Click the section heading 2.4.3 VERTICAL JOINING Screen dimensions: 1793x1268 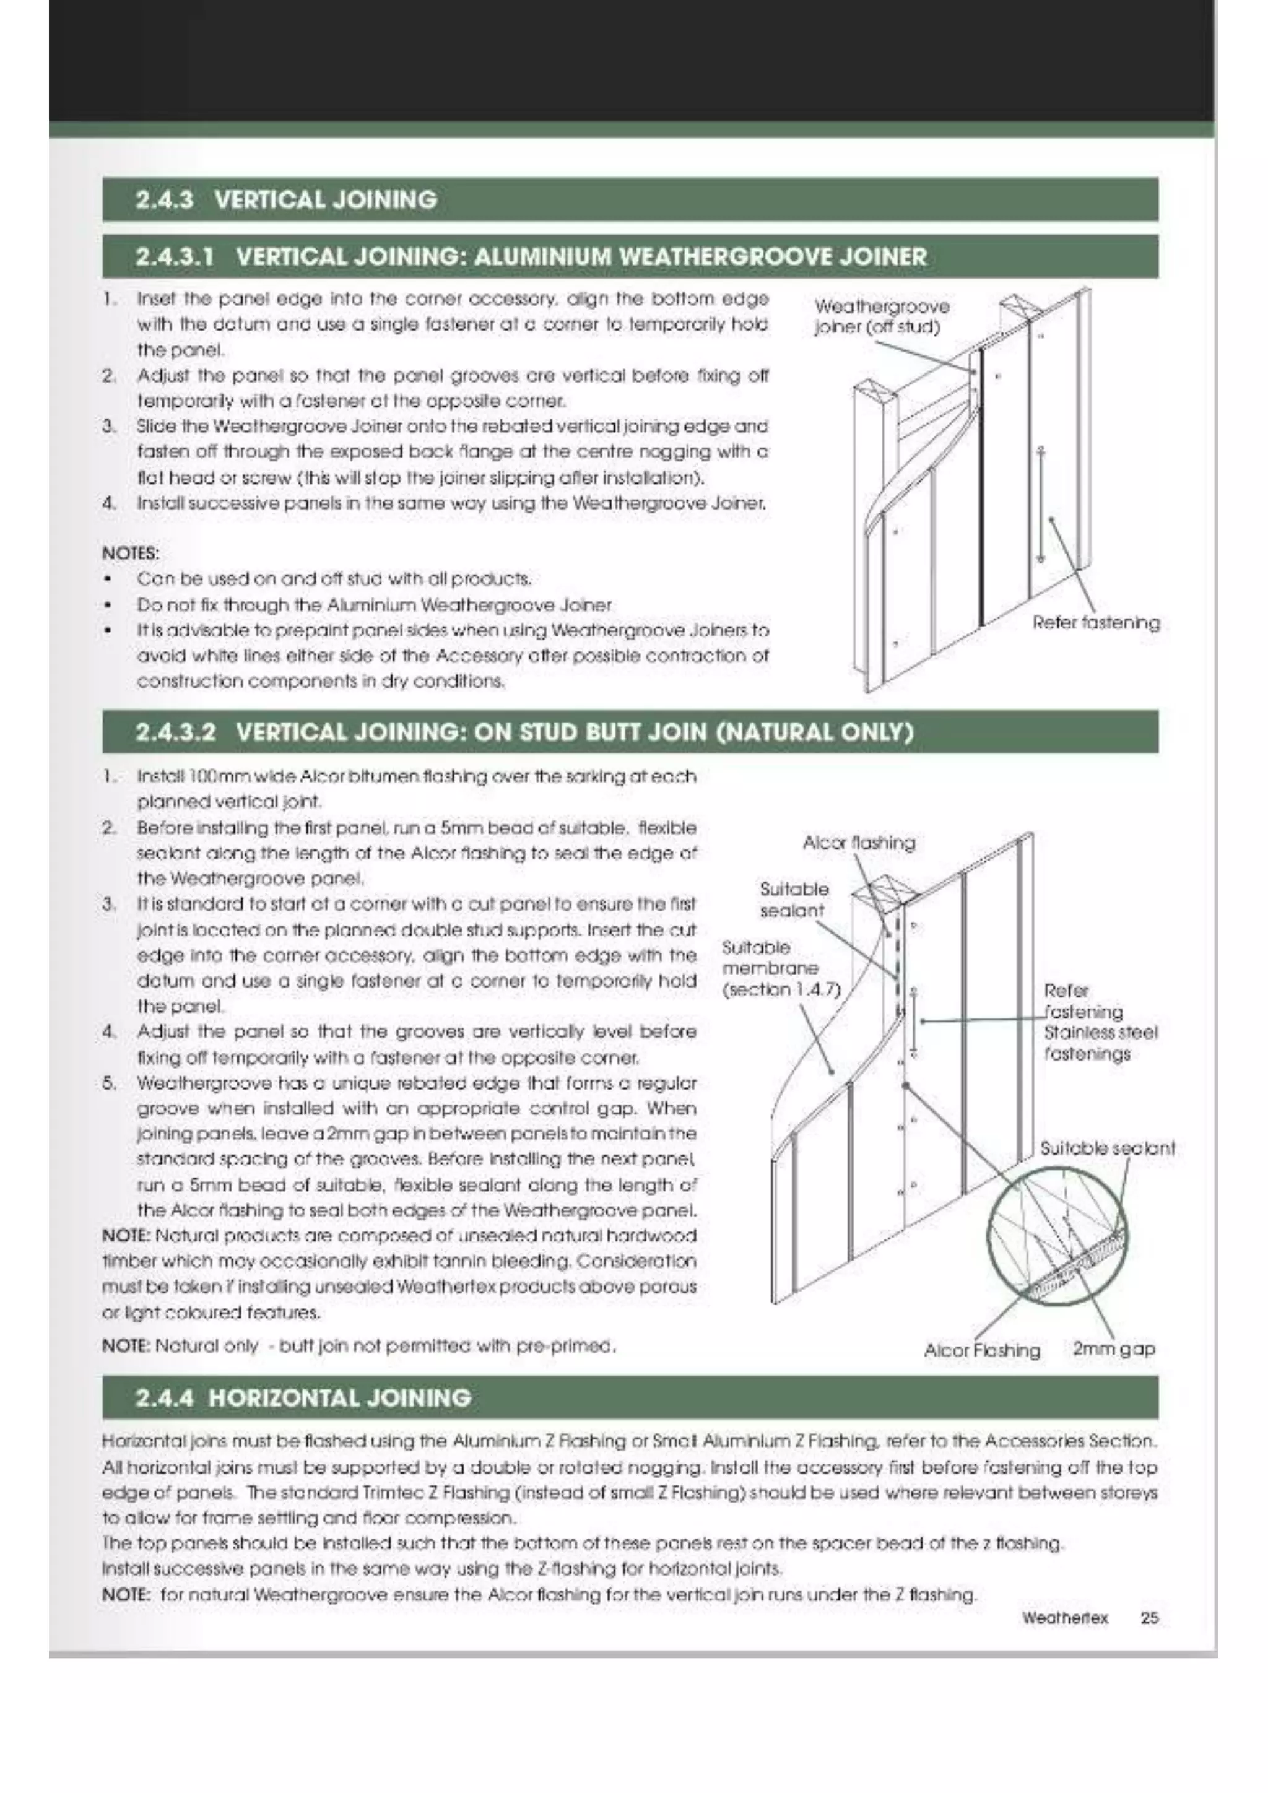point(286,200)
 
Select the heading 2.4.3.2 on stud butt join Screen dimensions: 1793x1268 point(523,732)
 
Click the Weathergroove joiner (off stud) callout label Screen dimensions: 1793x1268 point(882,316)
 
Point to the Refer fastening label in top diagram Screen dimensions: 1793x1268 point(1095,622)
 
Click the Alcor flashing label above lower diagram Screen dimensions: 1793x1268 point(858,843)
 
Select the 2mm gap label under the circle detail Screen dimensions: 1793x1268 point(1113,1348)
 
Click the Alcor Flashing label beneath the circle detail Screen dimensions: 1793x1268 point(981,1350)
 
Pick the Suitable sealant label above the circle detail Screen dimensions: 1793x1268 point(1106,1148)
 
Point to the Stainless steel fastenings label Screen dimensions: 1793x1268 point(1100,1043)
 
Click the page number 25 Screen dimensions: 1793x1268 point(1149,1617)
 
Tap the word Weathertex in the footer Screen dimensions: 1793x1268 point(1064,1617)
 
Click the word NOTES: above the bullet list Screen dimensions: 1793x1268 point(131,553)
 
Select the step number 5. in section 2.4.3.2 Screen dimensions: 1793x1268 point(110,1083)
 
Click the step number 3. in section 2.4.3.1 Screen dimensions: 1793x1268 point(110,427)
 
